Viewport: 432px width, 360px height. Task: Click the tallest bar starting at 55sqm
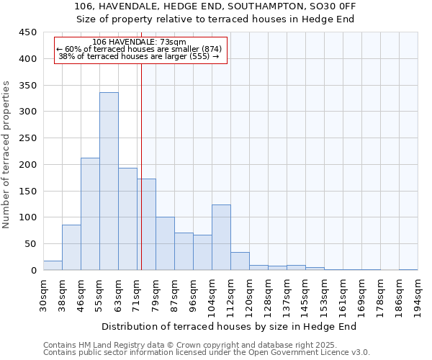[109, 181]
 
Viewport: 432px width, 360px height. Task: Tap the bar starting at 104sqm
[221, 238]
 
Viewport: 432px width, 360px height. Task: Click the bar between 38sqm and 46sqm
[71, 248]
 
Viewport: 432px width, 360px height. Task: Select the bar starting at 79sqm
[165, 243]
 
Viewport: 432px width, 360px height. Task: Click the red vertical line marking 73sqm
[141, 180]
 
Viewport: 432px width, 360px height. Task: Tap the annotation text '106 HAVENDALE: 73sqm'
[140, 42]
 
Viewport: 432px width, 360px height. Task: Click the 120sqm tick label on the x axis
[249, 295]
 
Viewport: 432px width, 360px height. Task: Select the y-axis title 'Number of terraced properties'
[6, 155]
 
